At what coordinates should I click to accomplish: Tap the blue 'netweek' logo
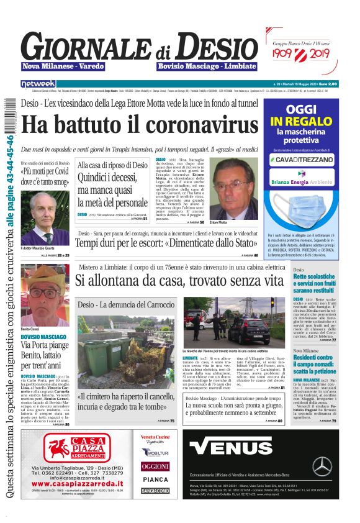tap(38, 84)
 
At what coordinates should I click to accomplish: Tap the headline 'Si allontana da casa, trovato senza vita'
tap(179, 280)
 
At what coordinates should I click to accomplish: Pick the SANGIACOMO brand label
tap(155, 491)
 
